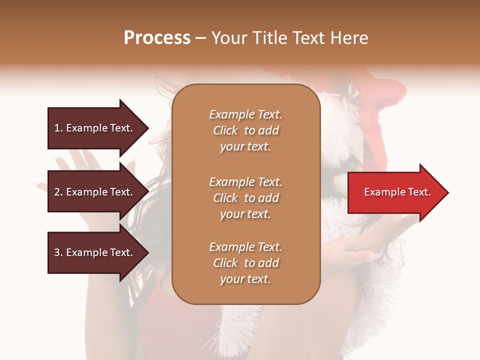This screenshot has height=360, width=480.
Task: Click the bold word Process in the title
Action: click(x=157, y=38)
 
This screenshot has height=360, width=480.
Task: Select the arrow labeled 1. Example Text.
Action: click(x=93, y=128)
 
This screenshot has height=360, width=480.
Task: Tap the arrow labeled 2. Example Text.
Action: click(x=93, y=192)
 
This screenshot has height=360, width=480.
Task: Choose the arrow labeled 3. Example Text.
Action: click(x=93, y=252)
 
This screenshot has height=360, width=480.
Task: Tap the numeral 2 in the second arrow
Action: click(x=57, y=192)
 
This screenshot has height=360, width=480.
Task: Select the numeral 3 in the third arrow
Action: click(x=57, y=252)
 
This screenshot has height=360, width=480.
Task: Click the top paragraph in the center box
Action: click(x=245, y=130)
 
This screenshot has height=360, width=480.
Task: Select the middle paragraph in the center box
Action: click(x=245, y=198)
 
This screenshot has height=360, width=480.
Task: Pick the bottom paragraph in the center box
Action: click(x=245, y=263)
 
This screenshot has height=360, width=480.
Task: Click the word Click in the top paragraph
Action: click(x=225, y=130)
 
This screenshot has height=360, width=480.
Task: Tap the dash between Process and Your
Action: click(x=201, y=39)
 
